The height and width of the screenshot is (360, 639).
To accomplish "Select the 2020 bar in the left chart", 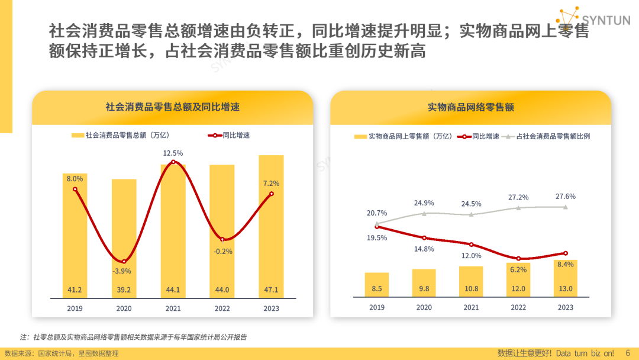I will [x=124, y=237].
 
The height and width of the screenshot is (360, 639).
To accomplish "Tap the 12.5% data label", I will [x=173, y=153].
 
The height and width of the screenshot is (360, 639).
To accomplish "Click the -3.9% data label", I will [x=122, y=271].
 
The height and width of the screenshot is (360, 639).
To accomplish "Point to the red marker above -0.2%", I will [x=222, y=239].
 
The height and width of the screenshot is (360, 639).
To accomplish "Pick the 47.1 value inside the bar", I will [x=271, y=290].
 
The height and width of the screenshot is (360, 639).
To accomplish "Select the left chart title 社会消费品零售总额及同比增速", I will [x=172, y=107].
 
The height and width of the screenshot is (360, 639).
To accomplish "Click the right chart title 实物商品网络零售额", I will [x=470, y=107].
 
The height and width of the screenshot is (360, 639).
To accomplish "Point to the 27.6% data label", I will [x=566, y=197].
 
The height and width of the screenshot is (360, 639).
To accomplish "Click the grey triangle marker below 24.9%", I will [x=424, y=213].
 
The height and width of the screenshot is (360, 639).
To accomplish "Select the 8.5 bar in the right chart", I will [x=377, y=284].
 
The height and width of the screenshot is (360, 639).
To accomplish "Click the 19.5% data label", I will [x=377, y=238].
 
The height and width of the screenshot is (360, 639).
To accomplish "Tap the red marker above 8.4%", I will [x=566, y=253].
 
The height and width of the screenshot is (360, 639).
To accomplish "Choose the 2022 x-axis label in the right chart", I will [x=518, y=307].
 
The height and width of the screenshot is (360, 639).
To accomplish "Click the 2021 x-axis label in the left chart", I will [x=173, y=308].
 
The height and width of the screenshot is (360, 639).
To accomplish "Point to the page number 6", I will [x=628, y=353].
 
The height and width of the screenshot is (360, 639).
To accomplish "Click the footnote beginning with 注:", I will [x=133, y=337].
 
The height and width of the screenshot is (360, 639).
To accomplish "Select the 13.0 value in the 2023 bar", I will [x=566, y=289].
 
